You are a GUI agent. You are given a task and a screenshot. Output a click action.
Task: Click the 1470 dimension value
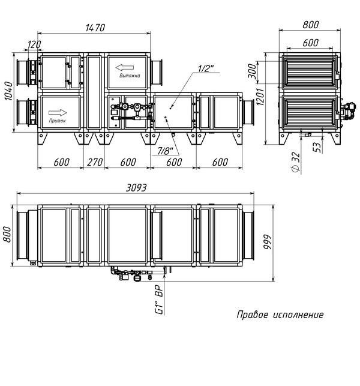(x=95, y=28)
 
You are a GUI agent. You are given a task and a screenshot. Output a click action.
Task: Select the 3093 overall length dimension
(x=136, y=188)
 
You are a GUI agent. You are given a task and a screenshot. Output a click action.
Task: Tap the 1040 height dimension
(x=9, y=91)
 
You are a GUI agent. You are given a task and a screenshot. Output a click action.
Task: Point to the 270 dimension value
(x=94, y=162)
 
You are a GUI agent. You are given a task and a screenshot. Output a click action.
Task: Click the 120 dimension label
(x=34, y=44)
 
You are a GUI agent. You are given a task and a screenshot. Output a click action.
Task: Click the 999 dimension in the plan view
(x=267, y=243)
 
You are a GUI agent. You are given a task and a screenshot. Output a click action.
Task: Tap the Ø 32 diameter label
(x=296, y=162)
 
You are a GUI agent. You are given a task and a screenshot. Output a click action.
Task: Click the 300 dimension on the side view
(x=252, y=71)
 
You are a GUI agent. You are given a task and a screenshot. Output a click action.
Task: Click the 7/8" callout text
(x=165, y=151)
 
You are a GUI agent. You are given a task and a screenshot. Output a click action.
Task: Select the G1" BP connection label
(x=159, y=300)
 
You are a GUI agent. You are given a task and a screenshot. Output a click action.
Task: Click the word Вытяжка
(x=130, y=75)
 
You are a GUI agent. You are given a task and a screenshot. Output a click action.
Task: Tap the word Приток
(x=58, y=121)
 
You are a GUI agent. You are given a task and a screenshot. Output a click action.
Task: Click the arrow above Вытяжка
(x=125, y=67)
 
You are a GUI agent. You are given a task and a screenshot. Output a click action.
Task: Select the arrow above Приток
(x=58, y=113)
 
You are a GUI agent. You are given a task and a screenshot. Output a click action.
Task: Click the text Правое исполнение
(x=280, y=315)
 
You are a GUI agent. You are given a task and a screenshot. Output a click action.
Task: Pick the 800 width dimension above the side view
(x=310, y=25)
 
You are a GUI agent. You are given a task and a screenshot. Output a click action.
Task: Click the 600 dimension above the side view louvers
(x=310, y=43)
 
